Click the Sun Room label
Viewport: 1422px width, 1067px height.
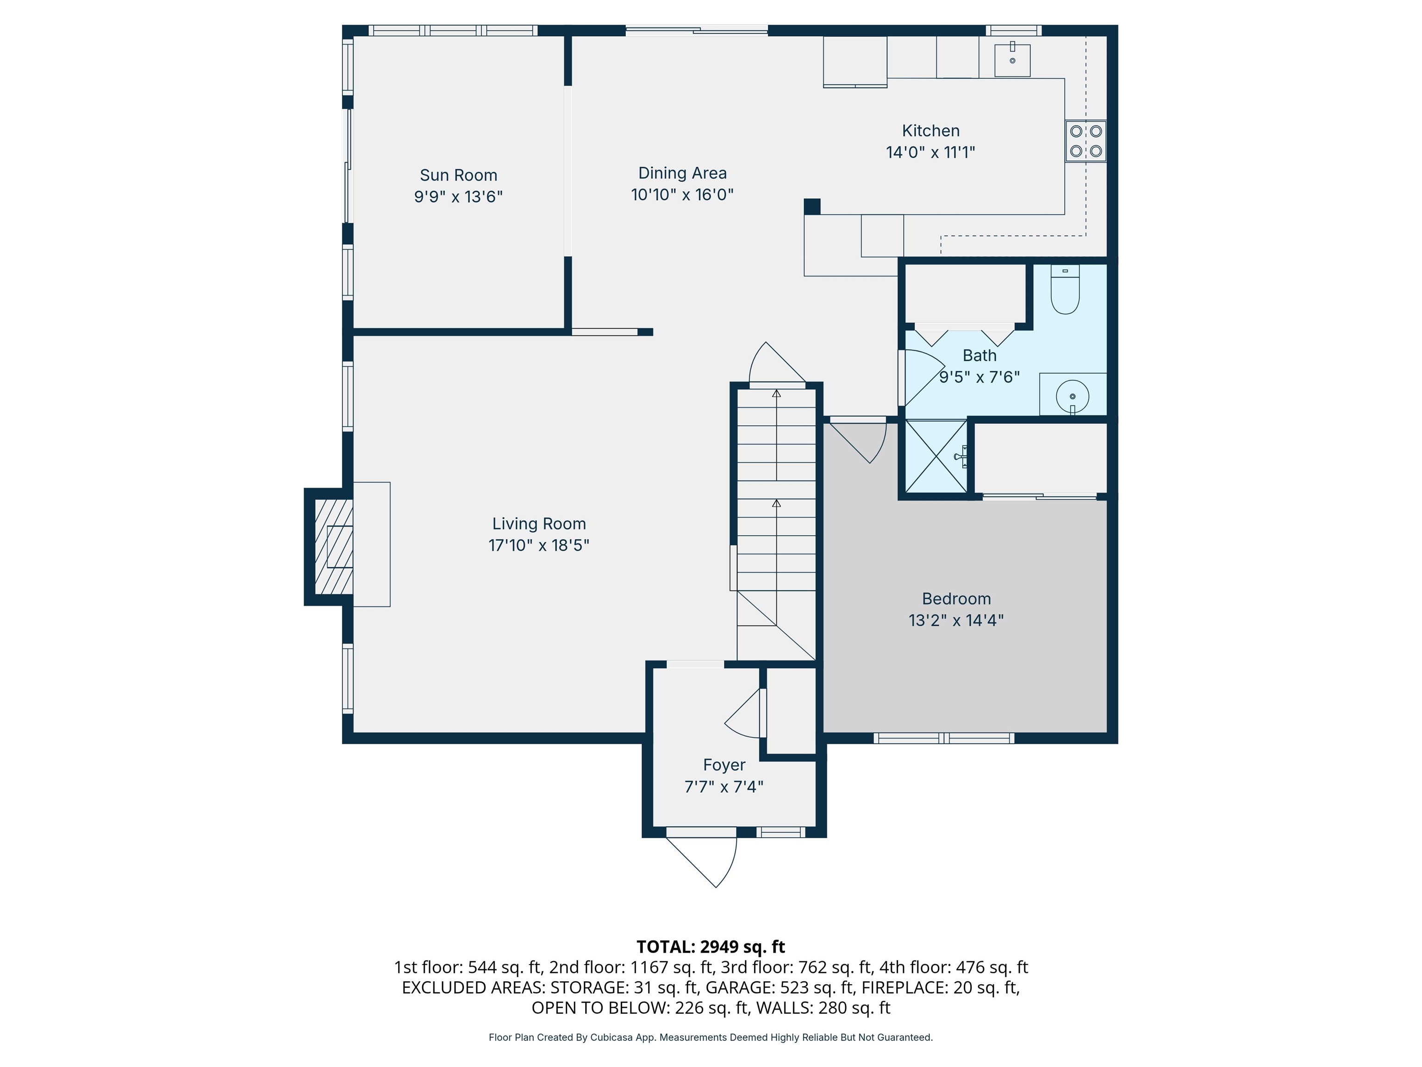click(458, 175)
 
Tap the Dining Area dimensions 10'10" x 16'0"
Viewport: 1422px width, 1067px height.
click(682, 194)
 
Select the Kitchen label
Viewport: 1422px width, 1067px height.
click(930, 131)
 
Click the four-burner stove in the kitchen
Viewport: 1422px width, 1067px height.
click(1086, 141)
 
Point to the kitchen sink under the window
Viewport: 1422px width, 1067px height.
click(1012, 60)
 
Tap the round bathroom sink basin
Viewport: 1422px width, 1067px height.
click(1072, 395)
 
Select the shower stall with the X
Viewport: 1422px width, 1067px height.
click(936, 457)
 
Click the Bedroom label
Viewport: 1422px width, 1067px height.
click(956, 599)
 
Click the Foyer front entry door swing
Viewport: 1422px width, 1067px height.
click(707, 862)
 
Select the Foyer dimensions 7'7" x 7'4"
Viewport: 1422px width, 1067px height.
click(724, 786)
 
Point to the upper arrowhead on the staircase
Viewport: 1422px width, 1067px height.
click(777, 393)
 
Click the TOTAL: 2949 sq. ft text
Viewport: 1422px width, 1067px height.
click(711, 947)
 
